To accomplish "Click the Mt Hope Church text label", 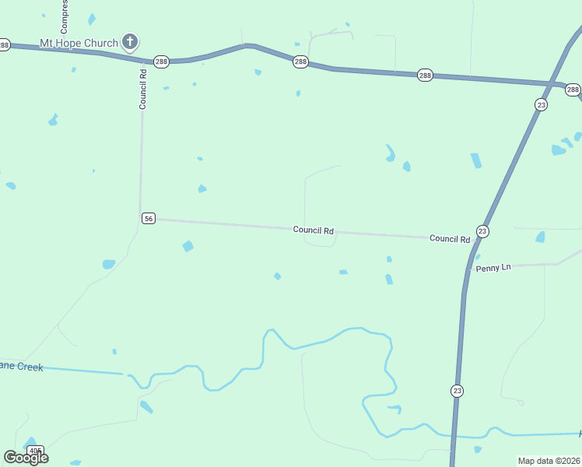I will click(x=79, y=43).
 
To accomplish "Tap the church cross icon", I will click(x=130, y=42).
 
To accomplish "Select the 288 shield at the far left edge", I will click(x=4, y=45).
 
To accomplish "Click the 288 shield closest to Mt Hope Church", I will click(x=161, y=61).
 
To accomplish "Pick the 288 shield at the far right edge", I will click(x=573, y=90).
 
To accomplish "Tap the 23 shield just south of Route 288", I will click(x=542, y=105).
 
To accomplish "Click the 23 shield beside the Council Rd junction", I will click(x=482, y=231).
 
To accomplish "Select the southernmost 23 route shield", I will click(x=457, y=390).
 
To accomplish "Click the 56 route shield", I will click(x=149, y=219).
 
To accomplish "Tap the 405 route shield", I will click(x=35, y=451).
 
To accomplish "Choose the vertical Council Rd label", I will click(x=143, y=90).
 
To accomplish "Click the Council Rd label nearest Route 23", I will click(x=450, y=238).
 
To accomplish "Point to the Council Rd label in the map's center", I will click(x=314, y=230).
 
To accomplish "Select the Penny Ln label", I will click(x=494, y=268).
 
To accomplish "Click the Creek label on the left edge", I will click(x=21, y=367).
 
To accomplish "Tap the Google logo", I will click(x=26, y=458).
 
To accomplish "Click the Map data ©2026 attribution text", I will click(x=549, y=461).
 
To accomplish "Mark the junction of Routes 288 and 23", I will click(x=553, y=84).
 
